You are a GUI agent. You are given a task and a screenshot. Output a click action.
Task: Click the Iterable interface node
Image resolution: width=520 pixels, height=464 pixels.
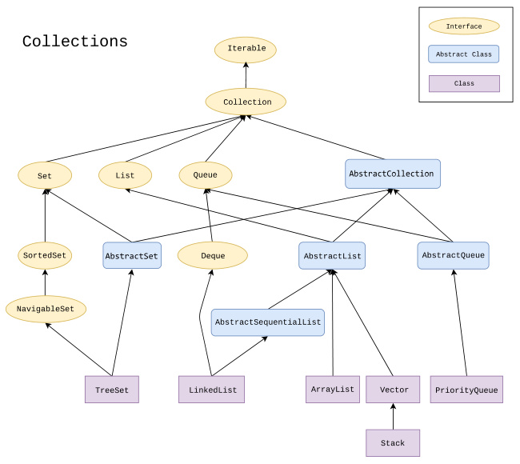tap(246, 49)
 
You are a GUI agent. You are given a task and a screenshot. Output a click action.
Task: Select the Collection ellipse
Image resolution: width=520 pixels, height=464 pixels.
tap(246, 102)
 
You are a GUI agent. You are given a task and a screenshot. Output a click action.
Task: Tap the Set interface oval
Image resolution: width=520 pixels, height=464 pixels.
tap(45, 174)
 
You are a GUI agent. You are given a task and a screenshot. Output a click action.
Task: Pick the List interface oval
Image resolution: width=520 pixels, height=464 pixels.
tap(124, 174)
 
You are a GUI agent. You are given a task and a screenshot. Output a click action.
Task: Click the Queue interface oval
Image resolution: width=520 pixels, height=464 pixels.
tap(206, 174)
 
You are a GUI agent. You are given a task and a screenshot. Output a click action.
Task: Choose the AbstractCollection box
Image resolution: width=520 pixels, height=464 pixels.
tap(392, 174)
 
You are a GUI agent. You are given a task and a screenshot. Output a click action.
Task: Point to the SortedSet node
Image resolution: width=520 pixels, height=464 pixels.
tap(45, 256)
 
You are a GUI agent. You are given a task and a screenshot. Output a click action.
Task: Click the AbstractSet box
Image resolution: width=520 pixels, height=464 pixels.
tap(132, 256)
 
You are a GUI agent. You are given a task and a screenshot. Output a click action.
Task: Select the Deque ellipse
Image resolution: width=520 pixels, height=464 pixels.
tap(212, 256)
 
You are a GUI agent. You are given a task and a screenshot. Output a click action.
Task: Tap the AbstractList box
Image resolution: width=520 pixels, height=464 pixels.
tap(332, 256)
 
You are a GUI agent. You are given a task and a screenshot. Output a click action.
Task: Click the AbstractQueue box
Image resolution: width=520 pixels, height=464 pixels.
tap(453, 255)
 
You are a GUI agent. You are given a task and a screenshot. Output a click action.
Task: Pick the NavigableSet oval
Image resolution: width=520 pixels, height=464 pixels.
tap(45, 308)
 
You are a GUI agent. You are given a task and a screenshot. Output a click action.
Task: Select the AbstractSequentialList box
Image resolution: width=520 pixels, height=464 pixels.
tap(267, 322)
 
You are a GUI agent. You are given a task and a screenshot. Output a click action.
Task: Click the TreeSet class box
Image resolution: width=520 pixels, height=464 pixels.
tap(112, 390)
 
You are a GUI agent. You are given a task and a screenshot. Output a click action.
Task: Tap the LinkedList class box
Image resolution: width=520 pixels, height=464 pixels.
tap(211, 390)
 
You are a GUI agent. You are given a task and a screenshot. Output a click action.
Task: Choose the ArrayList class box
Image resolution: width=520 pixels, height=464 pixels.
tap(331, 389)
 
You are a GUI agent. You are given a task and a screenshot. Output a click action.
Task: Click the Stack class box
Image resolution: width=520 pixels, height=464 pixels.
tap(393, 442)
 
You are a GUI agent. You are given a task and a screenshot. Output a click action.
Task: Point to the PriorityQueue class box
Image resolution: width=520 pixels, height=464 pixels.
tap(466, 390)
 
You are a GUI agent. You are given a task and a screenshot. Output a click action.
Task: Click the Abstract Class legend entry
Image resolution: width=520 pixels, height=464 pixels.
tap(464, 54)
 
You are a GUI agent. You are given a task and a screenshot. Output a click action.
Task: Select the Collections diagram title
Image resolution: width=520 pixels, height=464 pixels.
tap(74, 41)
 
